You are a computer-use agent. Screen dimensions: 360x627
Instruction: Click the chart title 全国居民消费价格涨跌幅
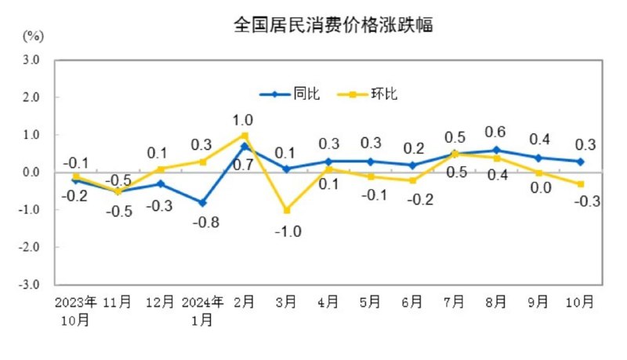click(334, 24)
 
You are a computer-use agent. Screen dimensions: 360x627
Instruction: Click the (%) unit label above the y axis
click(33, 36)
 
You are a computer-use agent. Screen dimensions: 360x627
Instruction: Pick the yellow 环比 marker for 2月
click(245, 135)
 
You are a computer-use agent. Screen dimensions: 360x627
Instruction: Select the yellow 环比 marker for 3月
click(287, 210)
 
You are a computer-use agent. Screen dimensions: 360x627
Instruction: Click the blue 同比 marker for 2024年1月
click(202, 202)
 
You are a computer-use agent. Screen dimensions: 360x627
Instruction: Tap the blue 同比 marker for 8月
click(497, 150)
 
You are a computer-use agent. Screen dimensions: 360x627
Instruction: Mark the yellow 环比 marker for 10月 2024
click(581, 184)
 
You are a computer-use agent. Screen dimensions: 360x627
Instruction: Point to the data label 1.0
click(243, 120)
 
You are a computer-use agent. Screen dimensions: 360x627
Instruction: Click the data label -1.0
click(288, 231)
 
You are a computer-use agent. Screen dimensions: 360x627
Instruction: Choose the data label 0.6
click(496, 132)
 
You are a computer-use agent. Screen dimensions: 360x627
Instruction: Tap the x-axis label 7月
click(455, 300)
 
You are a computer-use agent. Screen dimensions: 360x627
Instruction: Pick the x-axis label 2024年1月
click(202, 310)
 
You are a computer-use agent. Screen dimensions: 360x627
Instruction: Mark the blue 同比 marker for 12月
click(161, 184)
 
